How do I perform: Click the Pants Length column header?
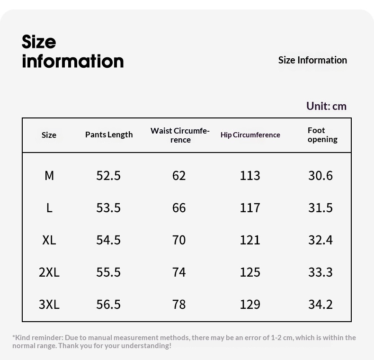click(109, 135)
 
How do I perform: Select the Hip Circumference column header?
click(250, 135)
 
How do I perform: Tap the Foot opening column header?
click(322, 135)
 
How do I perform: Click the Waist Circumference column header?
click(180, 135)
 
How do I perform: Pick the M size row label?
click(49, 176)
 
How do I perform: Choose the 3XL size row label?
click(49, 305)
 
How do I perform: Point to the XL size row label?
click(49, 240)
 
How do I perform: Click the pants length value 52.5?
click(108, 176)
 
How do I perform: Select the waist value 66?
click(179, 207)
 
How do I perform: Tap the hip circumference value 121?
click(250, 240)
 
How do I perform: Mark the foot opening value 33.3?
click(321, 272)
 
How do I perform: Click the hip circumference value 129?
click(250, 305)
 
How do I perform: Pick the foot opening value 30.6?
click(321, 176)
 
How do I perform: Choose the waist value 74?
click(179, 272)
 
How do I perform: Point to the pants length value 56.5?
click(108, 305)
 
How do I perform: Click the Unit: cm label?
click(326, 106)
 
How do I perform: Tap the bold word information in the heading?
click(73, 61)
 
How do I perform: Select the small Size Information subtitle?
click(312, 60)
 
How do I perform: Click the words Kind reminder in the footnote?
click(39, 338)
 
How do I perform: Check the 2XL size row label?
click(49, 272)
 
